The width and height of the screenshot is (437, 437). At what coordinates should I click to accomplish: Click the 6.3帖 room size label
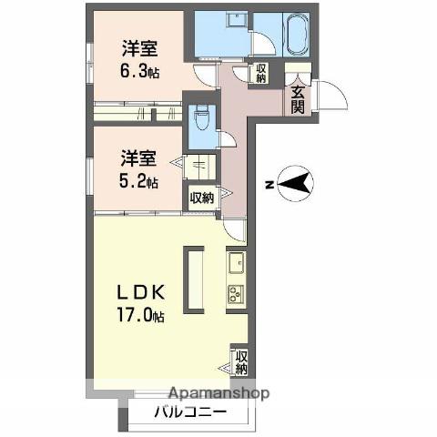tap(139, 72)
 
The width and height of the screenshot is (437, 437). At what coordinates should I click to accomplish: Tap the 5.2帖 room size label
tap(138, 181)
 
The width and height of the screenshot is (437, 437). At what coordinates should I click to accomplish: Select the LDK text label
tap(141, 293)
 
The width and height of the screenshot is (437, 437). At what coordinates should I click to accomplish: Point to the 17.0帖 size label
tap(141, 316)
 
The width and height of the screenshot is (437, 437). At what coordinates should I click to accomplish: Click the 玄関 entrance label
tap(298, 99)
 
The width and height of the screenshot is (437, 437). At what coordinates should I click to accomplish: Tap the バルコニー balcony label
tap(190, 412)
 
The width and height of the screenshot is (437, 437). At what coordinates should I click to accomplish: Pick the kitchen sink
tap(237, 262)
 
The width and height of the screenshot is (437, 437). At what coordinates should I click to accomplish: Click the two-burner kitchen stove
tap(237, 293)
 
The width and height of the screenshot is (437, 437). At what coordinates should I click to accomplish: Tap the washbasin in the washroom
tap(237, 21)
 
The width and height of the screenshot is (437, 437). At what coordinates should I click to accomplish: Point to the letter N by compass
tap(269, 184)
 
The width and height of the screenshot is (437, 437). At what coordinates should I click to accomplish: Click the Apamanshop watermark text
tap(218, 393)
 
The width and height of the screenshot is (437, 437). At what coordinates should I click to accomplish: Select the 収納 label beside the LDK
tap(242, 362)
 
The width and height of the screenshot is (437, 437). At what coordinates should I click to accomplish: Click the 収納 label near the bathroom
tap(260, 74)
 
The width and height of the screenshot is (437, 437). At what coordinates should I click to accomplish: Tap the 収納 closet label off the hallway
tap(202, 198)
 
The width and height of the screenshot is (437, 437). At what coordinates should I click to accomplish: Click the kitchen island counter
tap(193, 279)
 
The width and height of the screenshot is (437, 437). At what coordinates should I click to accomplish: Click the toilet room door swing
tap(229, 139)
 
